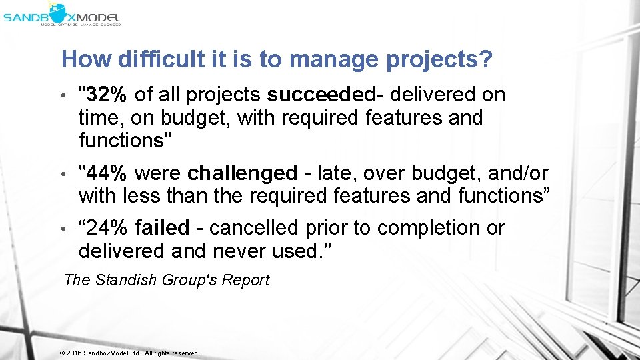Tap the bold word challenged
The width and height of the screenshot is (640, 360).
[x=243, y=173]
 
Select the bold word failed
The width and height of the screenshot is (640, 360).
[x=162, y=228]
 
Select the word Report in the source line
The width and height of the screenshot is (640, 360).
[x=245, y=280]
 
